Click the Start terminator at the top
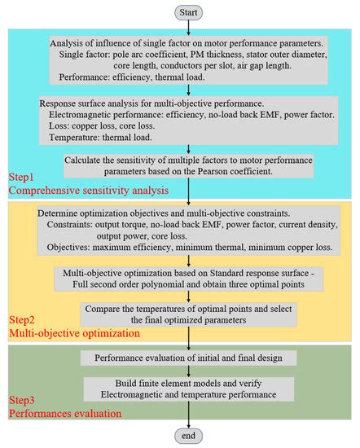click(190, 12)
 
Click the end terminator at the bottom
click(190, 435)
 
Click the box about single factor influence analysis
click(189, 59)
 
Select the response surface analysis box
click(189, 121)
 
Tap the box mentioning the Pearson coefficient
click(189, 165)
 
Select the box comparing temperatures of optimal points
click(189, 315)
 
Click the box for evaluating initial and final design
click(189, 358)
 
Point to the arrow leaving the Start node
click(190, 27)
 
